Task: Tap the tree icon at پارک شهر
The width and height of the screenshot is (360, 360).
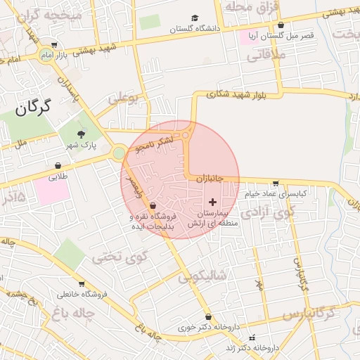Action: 82,133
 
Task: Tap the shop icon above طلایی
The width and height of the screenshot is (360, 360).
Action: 57,166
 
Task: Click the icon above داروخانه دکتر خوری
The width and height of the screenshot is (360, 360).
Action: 207,316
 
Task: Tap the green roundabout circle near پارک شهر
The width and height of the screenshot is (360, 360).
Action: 119,152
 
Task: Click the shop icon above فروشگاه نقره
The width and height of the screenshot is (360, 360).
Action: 153,206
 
